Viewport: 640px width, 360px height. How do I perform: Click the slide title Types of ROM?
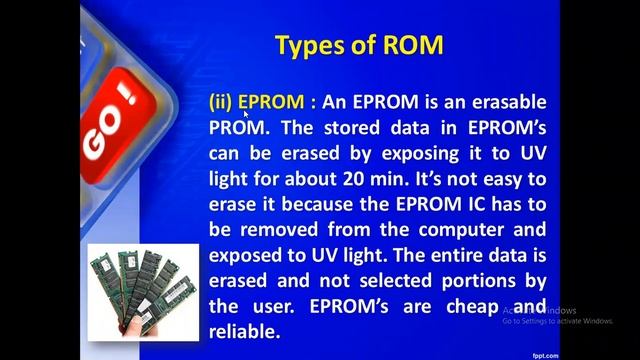tap(358, 45)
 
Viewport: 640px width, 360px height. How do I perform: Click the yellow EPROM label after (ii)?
tap(270, 103)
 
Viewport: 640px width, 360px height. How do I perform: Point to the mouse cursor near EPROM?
tap(246, 114)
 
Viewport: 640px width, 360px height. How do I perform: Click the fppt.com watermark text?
tap(617, 353)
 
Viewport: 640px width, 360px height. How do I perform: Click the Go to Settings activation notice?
tap(557, 321)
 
